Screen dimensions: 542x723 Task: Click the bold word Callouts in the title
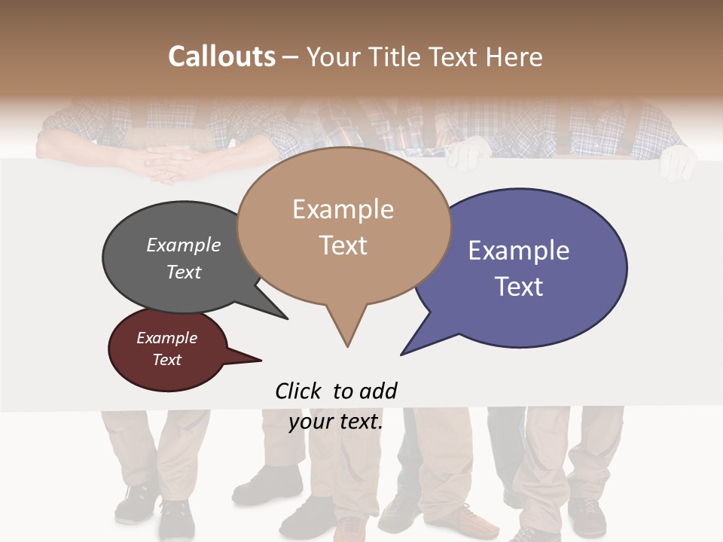click(222, 56)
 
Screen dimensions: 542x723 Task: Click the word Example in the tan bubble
click(343, 209)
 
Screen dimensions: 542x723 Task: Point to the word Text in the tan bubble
click(343, 245)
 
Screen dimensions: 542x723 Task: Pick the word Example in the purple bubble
click(518, 251)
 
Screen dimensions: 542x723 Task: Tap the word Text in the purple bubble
click(518, 287)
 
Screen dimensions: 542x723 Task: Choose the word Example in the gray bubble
click(183, 245)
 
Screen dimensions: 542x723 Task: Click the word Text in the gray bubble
click(183, 272)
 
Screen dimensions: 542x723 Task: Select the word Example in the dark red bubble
click(166, 338)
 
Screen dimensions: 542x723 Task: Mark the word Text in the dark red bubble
click(166, 360)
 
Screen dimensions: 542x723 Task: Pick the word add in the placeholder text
click(378, 391)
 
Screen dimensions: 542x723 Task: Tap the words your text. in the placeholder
click(336, 422)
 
